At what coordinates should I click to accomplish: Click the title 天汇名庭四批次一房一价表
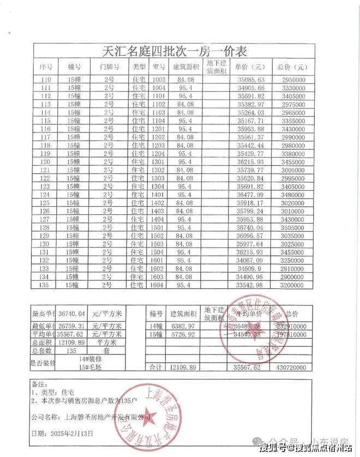coord(175,52)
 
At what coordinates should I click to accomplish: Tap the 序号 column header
coord(46,67)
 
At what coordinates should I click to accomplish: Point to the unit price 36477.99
coord(251,195)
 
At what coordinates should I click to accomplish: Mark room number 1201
coord(158,129)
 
